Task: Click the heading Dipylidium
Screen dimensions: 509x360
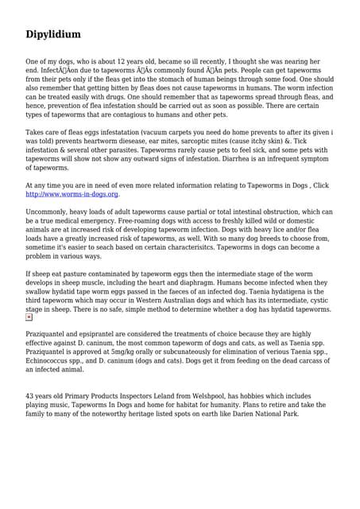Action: tap(52, 34)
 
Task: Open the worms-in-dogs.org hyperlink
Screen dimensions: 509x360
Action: tap(72, 194)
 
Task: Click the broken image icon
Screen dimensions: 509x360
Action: tap(29, 317)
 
